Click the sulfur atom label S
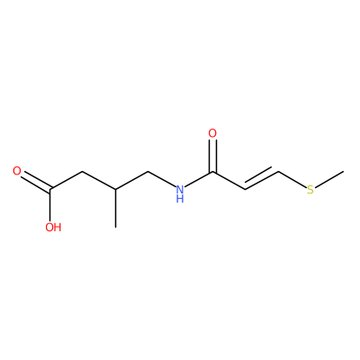(x=310, y=190)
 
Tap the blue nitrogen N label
(x=180, y=190)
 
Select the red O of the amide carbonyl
(x=212, y=133)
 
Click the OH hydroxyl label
(x=53, y=227)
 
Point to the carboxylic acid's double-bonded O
(x=17, y=171)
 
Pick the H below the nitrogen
(x=180, y=199)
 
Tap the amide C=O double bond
(x=212, y=156)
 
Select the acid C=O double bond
(x=36, y=181)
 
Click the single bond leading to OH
(x=50, y=205)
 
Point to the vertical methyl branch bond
(x=116, y=209)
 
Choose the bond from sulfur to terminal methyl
(x=329, y=179)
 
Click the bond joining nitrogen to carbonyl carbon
(x=199, y=179)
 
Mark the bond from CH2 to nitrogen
(x=162, y=179)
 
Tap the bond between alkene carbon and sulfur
(x=292, y=179)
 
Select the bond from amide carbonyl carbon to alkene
(x=229, y=181)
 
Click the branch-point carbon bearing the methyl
(x=116, y=190)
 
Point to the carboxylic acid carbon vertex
(x=50, y=190)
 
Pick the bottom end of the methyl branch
(x=116, y=228)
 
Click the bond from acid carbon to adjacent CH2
(x=67, y=181)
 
